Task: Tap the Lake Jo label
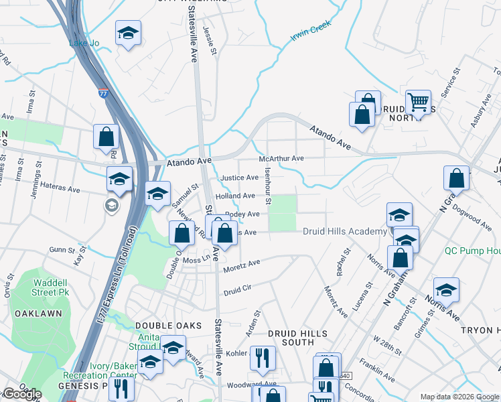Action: point(84,44)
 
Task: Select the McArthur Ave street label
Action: point(282,159)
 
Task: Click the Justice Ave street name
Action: point(239,178)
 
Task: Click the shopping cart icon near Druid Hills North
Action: point(418,103)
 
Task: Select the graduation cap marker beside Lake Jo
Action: point(127,33)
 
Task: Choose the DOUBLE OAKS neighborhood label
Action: point(160,325)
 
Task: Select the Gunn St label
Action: point(61,249)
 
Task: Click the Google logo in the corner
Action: point(21,394)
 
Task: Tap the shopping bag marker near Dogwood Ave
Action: point(456,179)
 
